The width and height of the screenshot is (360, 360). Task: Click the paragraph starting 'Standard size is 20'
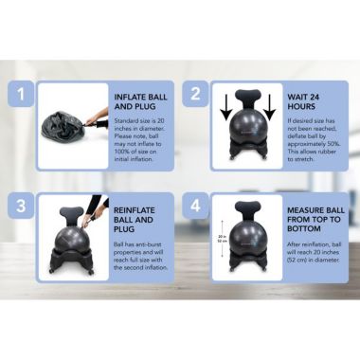point(142,138)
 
